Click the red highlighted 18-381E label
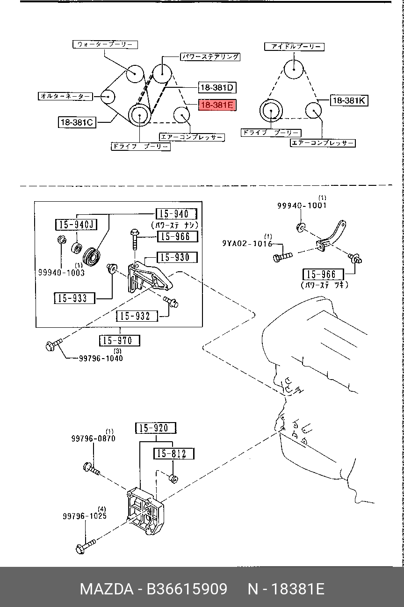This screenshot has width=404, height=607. pos(217,105)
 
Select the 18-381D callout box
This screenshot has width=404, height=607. pos(216,87)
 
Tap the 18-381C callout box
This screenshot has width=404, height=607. pos(77,122)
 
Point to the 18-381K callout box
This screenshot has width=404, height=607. pos(349,100)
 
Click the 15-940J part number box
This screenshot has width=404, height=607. pos(76,225)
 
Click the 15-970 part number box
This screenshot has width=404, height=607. pos(120,340)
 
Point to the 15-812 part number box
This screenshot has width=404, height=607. pos(173,453)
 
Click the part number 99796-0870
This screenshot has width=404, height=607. pos(93,438)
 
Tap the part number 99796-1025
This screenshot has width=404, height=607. pos(85,516)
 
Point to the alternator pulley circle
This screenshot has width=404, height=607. pos(108,97)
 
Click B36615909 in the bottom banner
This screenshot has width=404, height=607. pos(187,588)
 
